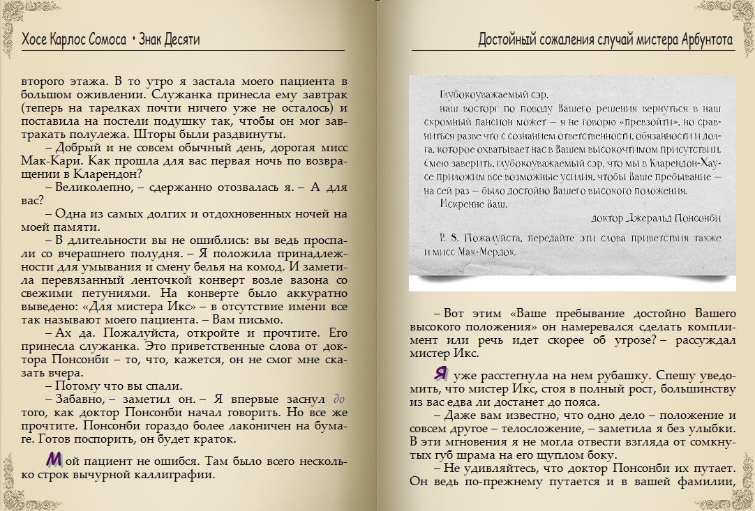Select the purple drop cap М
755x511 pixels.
coord(54,459)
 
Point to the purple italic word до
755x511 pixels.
coord(339,399)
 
